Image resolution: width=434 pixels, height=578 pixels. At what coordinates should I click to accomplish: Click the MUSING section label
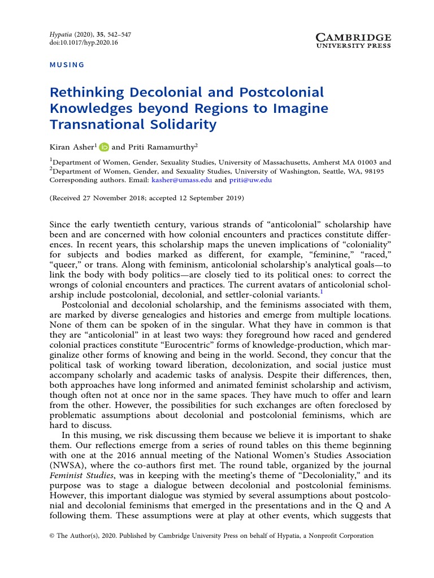tap(67, 65)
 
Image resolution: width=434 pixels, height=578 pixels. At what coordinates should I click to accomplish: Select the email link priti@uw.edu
tap(250, 180)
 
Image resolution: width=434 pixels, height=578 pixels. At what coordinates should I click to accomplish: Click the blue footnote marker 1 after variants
tap(322, 292)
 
